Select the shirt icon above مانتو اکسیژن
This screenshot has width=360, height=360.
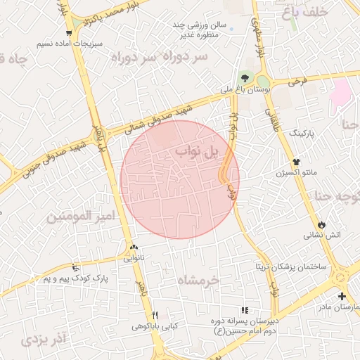click(x=297, y=161)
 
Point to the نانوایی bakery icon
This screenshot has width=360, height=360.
click(x=134, y=247)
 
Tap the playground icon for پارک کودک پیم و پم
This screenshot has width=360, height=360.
click(x=75, y=266)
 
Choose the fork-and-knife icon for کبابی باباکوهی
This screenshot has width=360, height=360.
click(x=155, y=315)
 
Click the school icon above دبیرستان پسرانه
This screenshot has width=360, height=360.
click(x=245, y=310)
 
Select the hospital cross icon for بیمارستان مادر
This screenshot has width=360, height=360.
click(x=342, y=296)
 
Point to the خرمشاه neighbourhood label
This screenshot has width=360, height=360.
click(x=198, y=280)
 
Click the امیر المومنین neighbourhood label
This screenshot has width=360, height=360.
click(x=80, y=217)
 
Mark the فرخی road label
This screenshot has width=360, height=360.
click(x=298, y=82)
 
